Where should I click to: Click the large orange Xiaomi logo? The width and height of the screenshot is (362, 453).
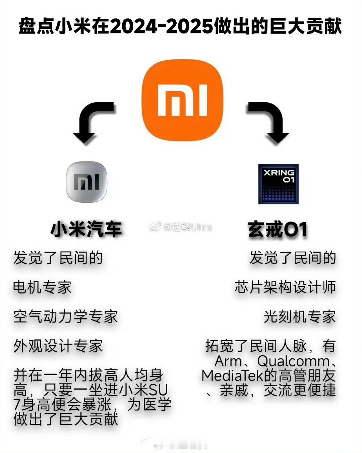tap(182, 100)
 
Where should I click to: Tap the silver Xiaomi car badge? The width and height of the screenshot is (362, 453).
tap(87, 182)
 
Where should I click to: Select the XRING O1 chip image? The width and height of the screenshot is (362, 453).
tap(278, 184)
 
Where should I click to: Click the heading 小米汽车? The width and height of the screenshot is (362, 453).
tap(86, 229)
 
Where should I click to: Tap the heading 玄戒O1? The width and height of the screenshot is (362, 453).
tap(277, 229)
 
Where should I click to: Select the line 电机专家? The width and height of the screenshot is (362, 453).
tap(42, 287)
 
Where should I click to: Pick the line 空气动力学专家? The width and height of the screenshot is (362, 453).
tap(66, 316)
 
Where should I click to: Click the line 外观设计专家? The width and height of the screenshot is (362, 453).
tap(58, 346)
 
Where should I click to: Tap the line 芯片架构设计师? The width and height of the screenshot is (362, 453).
tap(285, 287)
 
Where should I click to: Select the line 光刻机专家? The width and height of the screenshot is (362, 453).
tap(300, 316)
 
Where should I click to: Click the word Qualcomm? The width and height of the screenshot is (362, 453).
tap(294, 362)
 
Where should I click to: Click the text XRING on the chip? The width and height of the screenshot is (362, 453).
tap(279, 173)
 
